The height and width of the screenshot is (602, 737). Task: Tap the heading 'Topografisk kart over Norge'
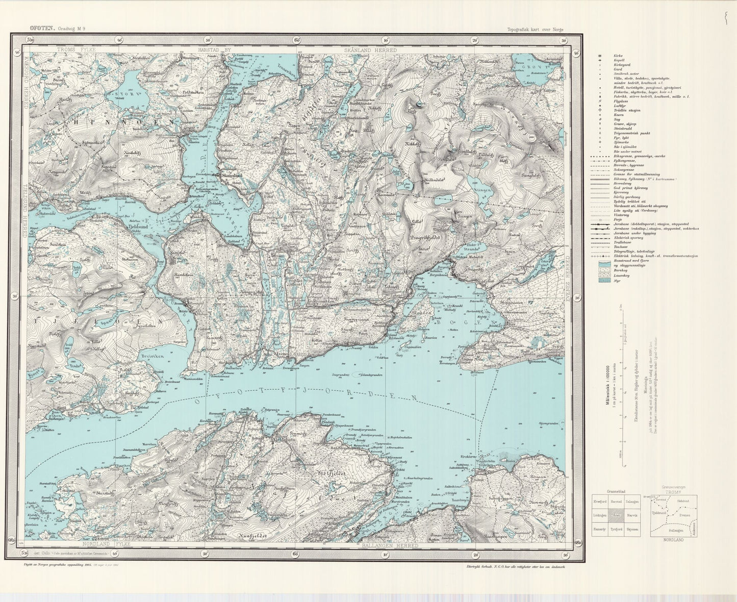535,30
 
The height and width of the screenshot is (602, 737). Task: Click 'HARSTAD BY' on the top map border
214,50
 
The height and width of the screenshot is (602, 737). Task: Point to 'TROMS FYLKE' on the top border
77,50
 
